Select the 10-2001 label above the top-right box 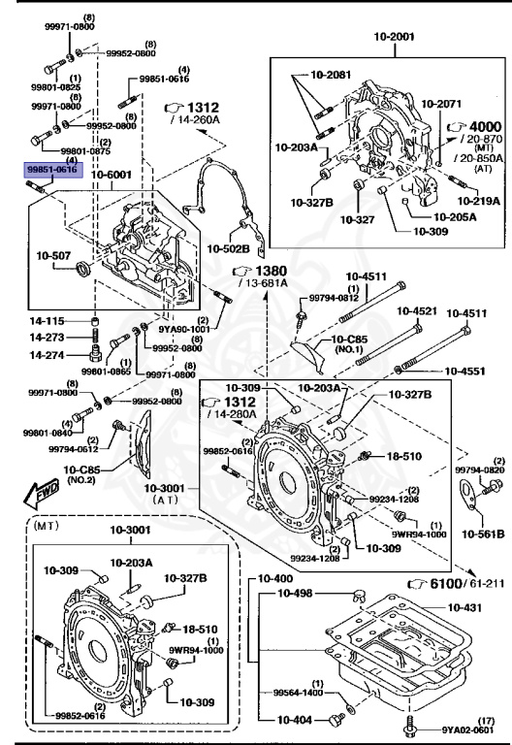tap(394, 36)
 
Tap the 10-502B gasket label tap(229, 248)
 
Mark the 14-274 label tap(47, 356)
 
